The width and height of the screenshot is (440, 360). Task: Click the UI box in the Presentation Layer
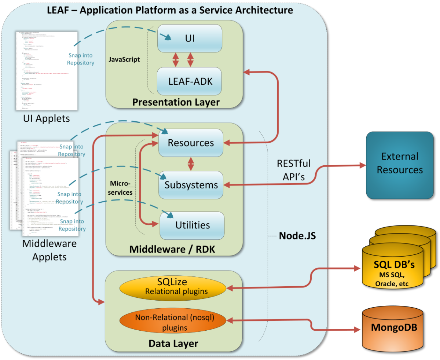[x=190, y=38]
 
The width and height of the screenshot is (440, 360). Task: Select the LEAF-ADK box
[x=190, y=81]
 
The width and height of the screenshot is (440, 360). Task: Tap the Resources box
[x=191, y=143]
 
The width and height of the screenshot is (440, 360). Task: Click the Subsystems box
[x=191, y=184]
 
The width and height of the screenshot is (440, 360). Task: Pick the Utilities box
[x=192, y=224]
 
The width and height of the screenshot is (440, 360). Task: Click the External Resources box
[x=400, y=163]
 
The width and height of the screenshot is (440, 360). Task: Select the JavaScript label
[x=125, y=59]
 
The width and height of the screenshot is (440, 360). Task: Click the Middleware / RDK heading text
[x=172, y=250]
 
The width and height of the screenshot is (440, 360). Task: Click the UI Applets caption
[x=46, y=118]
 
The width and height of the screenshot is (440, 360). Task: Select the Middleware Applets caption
[x=50, y=250]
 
